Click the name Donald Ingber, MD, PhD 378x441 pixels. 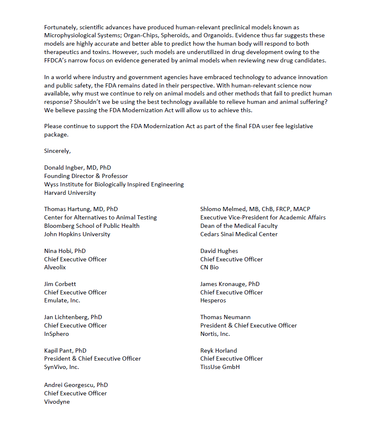[78, 168]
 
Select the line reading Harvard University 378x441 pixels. [70, 193]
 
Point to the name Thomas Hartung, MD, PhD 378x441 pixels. [81, 209]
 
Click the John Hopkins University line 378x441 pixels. [77, 234]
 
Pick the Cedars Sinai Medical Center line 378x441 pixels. [239, 234]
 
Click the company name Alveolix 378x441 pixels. [55, 267]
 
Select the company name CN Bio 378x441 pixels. [210, 267]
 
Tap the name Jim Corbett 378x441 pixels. [60, 284]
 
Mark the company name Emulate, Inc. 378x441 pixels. [62, 300]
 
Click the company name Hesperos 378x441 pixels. [213, 300]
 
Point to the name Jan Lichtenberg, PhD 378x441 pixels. [73, 317]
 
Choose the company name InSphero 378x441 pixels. [57, 334]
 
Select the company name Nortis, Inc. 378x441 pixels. [215, 334]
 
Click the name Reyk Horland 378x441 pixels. [218, 351]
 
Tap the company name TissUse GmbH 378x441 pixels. [220, 367]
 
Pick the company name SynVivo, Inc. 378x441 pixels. [62, 367]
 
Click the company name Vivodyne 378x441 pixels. [57, 402]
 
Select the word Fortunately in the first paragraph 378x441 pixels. [61, 27]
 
